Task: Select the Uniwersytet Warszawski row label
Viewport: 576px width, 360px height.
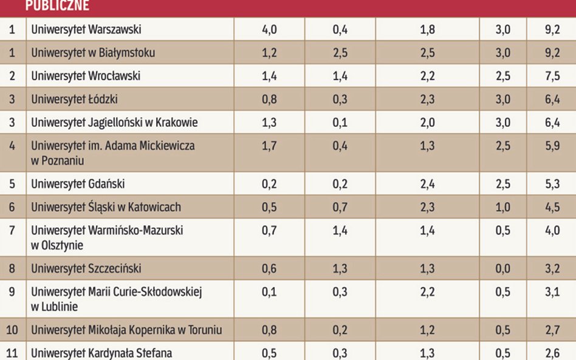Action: coord(86,30)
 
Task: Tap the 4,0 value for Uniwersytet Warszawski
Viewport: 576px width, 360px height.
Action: coord(269,30)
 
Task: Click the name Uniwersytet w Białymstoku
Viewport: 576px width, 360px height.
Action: coord(93,53)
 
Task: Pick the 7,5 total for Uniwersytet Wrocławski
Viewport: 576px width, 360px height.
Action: coord(552,76)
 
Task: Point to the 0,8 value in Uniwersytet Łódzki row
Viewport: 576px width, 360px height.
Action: coord(269,99)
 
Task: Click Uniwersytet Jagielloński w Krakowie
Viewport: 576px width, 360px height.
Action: coord(114,123)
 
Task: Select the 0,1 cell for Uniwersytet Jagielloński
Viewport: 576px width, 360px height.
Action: coord(340,123)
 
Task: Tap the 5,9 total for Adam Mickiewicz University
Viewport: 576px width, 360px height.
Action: coord(552,146)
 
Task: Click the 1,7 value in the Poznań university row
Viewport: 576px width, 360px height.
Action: coord(269,146)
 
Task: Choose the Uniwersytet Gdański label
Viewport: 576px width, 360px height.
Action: coord(78,184)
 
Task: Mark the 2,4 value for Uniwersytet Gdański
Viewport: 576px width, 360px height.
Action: coord(427,184)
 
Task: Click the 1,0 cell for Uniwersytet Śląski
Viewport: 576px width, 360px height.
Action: coord(502,207)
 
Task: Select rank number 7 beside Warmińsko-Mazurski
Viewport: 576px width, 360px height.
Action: coord(12,231)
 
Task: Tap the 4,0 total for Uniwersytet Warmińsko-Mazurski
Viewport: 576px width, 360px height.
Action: coord(552,231)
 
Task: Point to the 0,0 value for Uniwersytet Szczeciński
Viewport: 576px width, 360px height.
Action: coord(502,268)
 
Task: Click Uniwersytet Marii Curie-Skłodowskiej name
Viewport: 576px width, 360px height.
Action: coord(116,292)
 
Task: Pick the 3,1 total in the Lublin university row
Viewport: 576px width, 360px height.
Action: coord(552,292)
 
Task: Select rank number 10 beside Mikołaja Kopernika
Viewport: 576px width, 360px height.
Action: coord(12,330)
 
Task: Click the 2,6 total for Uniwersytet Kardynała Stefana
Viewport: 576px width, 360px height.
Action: coord(552,353)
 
